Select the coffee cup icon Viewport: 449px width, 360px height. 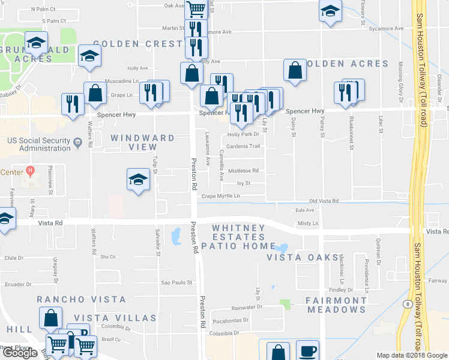pyautogui.click(x=308, y=352)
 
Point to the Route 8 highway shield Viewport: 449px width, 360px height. pyautogui.click(x=408, y=304)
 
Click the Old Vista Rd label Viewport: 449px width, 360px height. pyautogui.click(x=324, y=201)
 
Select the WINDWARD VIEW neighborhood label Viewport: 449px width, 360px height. pyautogui.click(x=143, y=142)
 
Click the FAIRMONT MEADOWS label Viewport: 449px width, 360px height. pyautogui.click(x=336, y=305)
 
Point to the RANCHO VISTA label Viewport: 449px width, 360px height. pyautogui.click(x=82, y=299)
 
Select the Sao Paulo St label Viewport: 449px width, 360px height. pyautogui.click(x=175, y=282)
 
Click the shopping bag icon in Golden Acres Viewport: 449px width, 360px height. pyautogui.click(x=295, y=70)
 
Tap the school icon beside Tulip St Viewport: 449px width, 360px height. pyautogui.click(x=138, y=179)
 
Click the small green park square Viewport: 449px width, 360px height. pyautogui.click(x=285, y=304)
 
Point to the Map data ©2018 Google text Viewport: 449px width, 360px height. pyautogui.click(x=412, y=355)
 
